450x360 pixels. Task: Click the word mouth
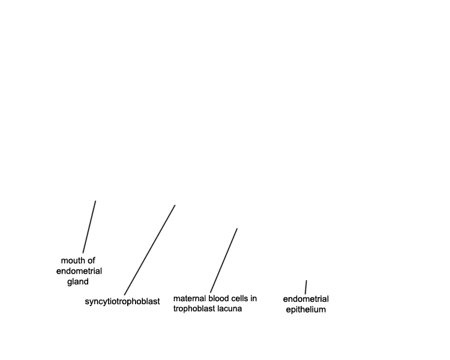pyautogui.click(x=73, y=260)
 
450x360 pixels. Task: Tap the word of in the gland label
pyautogui.click(x=92, y=260)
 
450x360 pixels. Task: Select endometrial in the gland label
pyautogui.click(x=79, y=271)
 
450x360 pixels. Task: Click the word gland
pyautogui.click(x=78, y=281)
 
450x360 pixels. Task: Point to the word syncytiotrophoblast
pyautogui.click(x=122, y=301)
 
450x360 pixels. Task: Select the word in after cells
pyautogui.click(x=254, y=299)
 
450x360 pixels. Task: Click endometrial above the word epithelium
pyautogui.click(x=305, y=299)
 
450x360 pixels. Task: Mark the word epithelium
pyautogui.click(x=305, y=310)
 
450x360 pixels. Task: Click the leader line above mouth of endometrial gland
pyautogui.click(x=89, y=227)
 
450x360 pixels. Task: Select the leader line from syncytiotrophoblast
pyautogui.click(x=149, y=250)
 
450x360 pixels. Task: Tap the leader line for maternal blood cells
pyautogui.click(x=224, y=260)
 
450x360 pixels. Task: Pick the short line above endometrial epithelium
pyautogui.click(x=306, y=287)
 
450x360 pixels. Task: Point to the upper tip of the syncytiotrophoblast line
pyautogui.click(x=175, y=205)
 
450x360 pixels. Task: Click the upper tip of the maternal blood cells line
pyautogui.click(x=237, y=229)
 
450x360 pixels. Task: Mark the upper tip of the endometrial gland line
pyautogui.click(x=95, y=201)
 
